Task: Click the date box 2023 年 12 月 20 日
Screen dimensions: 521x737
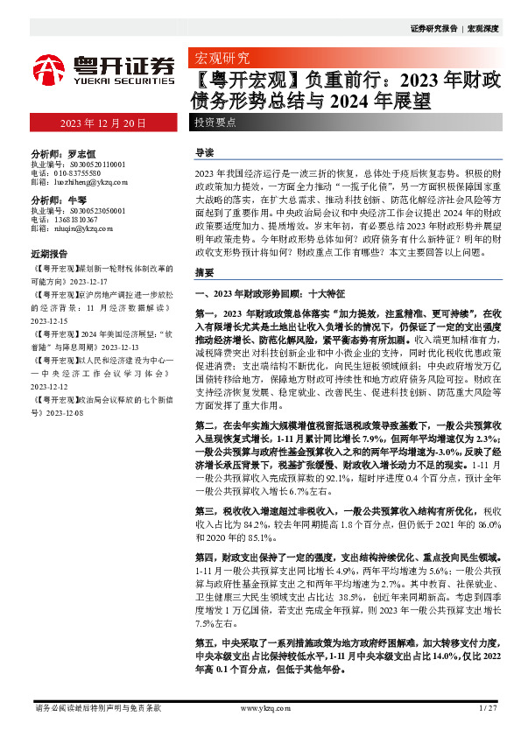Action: [102, 123]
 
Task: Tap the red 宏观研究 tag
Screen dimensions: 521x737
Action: [220, 60]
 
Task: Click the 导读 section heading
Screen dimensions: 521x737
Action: [204, 153]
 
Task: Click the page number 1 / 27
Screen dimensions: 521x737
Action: [489, 706]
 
